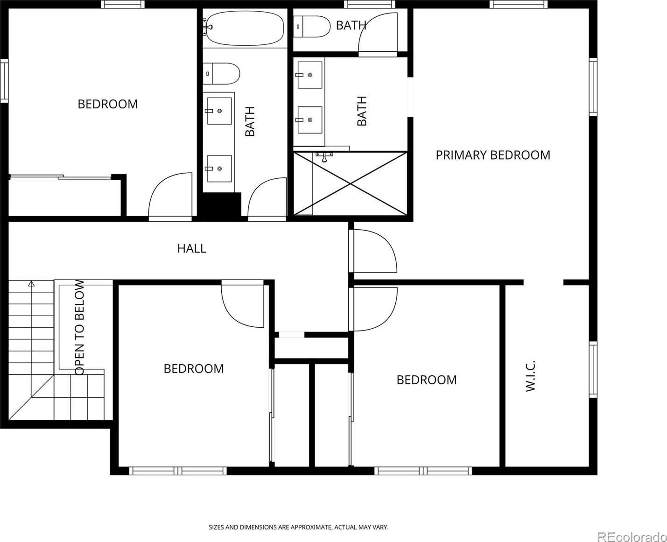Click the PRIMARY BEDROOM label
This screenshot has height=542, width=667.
tap(493, 155)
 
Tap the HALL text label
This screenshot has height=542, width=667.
tap(192, 249)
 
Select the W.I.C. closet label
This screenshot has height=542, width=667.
tap(530, 376)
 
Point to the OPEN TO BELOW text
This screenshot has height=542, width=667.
tap(79, 328)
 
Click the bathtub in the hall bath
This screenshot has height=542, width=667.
tap(244, 28)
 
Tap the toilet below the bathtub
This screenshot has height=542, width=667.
tap(221, 74)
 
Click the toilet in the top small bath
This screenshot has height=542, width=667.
tap(312, 27)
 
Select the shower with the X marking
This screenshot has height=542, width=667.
tap(350, 184)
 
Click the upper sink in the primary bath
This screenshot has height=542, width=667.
tap(310, 75)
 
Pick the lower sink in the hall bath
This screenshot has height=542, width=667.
tap(219, 169)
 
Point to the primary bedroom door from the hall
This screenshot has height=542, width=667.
tap(373, 251)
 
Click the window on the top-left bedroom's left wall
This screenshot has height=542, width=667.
tap(4, 81)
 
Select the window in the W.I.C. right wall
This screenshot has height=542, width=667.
tap(593, 369)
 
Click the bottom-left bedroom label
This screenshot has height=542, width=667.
tap(194, 368)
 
